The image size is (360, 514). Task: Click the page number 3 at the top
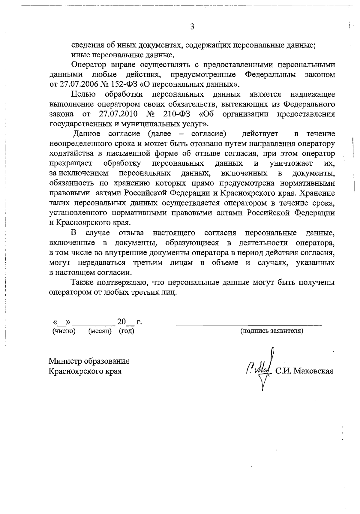(192, 27)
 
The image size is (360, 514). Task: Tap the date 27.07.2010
(118, 114)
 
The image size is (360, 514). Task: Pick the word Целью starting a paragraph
(83, 95)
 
